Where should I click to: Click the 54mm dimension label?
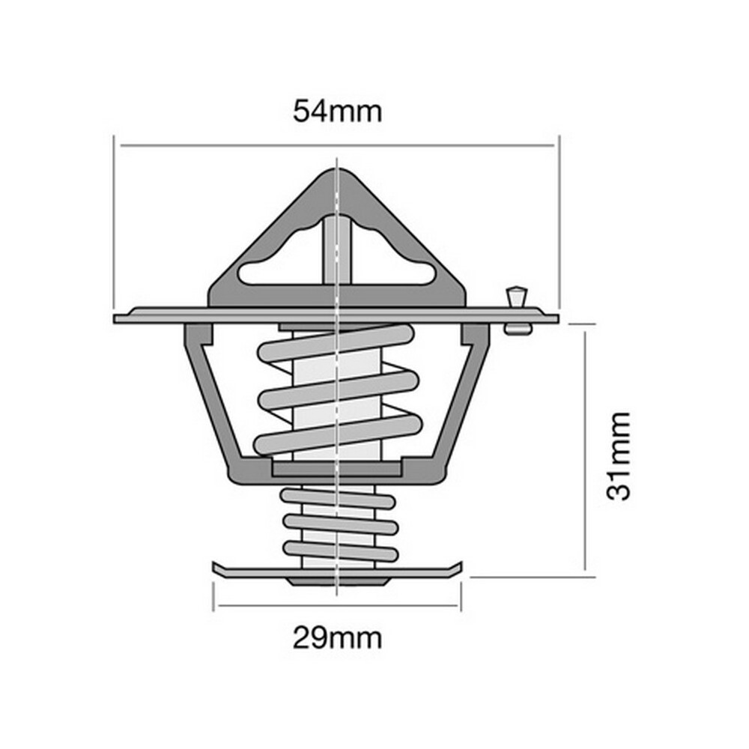click(337, 112)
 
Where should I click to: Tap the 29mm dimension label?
click(337, 637)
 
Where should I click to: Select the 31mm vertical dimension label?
click(619, 456)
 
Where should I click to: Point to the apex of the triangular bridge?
click(337, 170)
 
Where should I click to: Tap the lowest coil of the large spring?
click(339, 434)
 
